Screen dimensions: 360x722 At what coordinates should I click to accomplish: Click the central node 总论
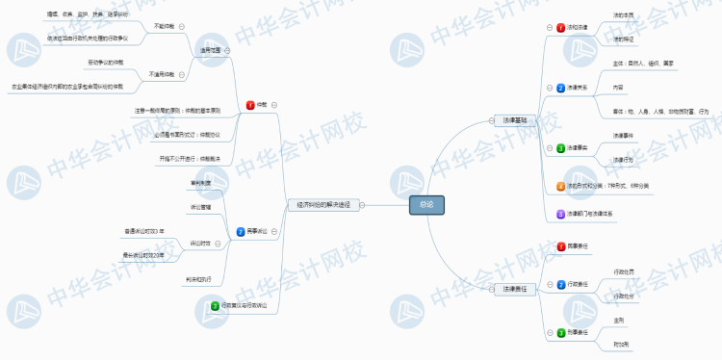426,204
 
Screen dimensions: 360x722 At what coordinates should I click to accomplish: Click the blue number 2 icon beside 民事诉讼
241,231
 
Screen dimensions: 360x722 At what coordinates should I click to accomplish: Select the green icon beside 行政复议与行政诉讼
216,305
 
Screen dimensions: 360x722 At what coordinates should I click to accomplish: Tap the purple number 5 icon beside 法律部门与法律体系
560,213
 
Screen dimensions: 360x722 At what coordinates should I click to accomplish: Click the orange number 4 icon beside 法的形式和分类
560,185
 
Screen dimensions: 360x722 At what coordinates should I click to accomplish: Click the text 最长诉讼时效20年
143,255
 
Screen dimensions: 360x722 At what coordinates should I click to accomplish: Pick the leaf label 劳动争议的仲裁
106,62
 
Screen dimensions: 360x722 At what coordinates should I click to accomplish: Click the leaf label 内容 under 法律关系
618,87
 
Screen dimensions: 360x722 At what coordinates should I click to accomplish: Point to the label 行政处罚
624,272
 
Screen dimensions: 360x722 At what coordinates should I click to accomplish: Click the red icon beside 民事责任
560,246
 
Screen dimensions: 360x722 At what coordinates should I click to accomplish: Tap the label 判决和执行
198,279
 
